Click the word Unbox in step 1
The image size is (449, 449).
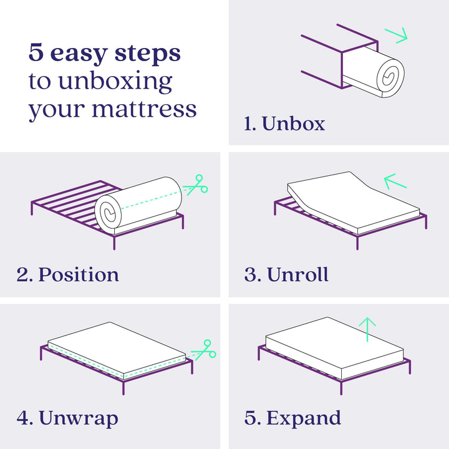[x=293, y=123]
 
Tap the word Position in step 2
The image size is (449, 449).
[x=79, y=274]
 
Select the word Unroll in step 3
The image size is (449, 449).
[x=297, y=274]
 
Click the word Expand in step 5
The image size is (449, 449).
[x=304, y=418]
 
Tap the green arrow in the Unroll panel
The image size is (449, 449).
[x=395, y=181]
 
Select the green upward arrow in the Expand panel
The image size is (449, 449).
[x=367, y=329]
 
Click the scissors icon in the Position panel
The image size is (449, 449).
[x=196, y=185]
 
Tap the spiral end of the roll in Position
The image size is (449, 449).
[x=109, y=213]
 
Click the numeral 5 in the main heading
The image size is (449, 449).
[x=36, y=52]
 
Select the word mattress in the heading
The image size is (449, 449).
[x=144, y=109]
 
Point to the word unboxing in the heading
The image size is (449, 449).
[x=115, y=82]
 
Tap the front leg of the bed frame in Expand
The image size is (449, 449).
[x=341, y=387]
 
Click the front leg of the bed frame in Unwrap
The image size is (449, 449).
[x=123, y=388]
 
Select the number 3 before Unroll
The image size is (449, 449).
[x=250, y=274]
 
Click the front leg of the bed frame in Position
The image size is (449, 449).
[x=114, y=243]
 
